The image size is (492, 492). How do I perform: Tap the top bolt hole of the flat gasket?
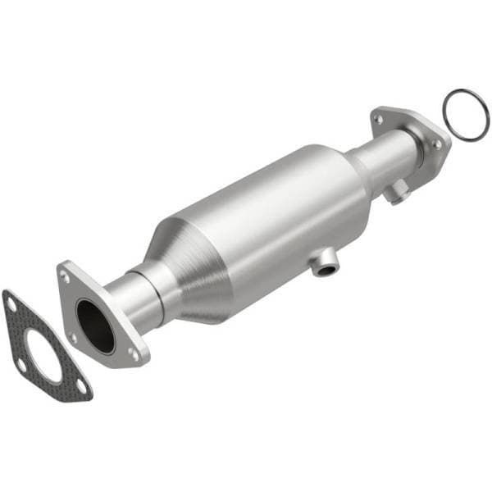[x=11, y=303]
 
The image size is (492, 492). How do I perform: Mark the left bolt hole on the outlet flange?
[x=378, y=120]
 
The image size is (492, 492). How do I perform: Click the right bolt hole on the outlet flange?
[x=436, y=143]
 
